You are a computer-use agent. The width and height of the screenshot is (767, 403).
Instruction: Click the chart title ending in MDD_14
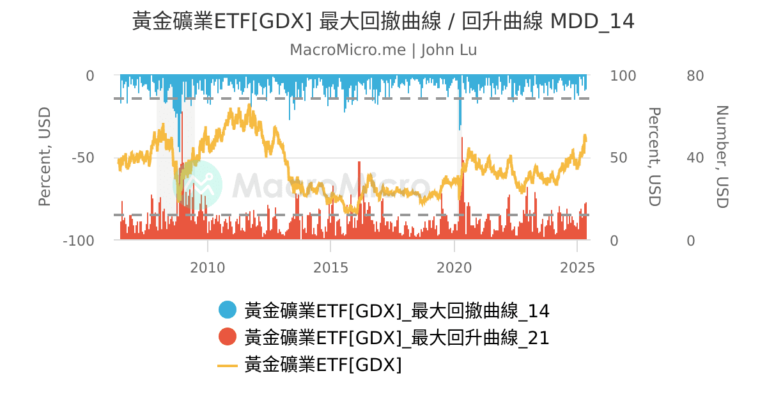[x=383, y=22]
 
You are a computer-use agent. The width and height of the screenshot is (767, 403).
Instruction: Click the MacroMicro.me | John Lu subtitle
[x=383, y=50]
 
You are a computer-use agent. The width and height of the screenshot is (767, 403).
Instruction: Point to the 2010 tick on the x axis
[x=208, y=268]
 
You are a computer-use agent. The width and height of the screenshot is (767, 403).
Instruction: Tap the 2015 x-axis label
[x=330, y=268]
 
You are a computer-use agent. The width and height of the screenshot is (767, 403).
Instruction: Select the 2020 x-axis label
[x=454, y=268]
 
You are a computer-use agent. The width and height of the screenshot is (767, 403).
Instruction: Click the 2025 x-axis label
[x=577, y=268]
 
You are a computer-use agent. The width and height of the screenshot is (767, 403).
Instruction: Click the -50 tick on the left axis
[x=82, y=158]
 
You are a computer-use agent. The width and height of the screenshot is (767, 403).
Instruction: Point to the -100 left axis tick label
[x=79, y=241]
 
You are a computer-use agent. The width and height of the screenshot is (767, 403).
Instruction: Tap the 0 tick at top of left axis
[x=90, y=76]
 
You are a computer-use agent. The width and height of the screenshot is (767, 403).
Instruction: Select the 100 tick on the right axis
[x=623, y=76]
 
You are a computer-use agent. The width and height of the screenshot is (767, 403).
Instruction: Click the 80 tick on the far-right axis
[x=695, y=76]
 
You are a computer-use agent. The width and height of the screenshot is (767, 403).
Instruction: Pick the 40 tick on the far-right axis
[x=695, y=158]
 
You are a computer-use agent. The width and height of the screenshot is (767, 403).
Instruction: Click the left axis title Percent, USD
[x=44, y=157]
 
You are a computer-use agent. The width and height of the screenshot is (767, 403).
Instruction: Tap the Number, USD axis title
[x=722, y=157]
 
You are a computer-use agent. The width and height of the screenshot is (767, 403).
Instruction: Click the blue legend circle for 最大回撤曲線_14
[x=228, y=310]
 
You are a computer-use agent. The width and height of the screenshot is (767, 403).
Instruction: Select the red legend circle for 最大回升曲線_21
[x=228, y=336]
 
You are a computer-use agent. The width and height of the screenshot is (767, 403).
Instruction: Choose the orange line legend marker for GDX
[x=228, y=365]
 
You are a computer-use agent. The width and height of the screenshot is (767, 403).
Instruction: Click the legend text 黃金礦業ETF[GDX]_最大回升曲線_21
[x=397, y=337]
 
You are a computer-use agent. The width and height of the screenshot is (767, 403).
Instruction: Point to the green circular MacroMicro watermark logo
[x=198, y=184]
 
